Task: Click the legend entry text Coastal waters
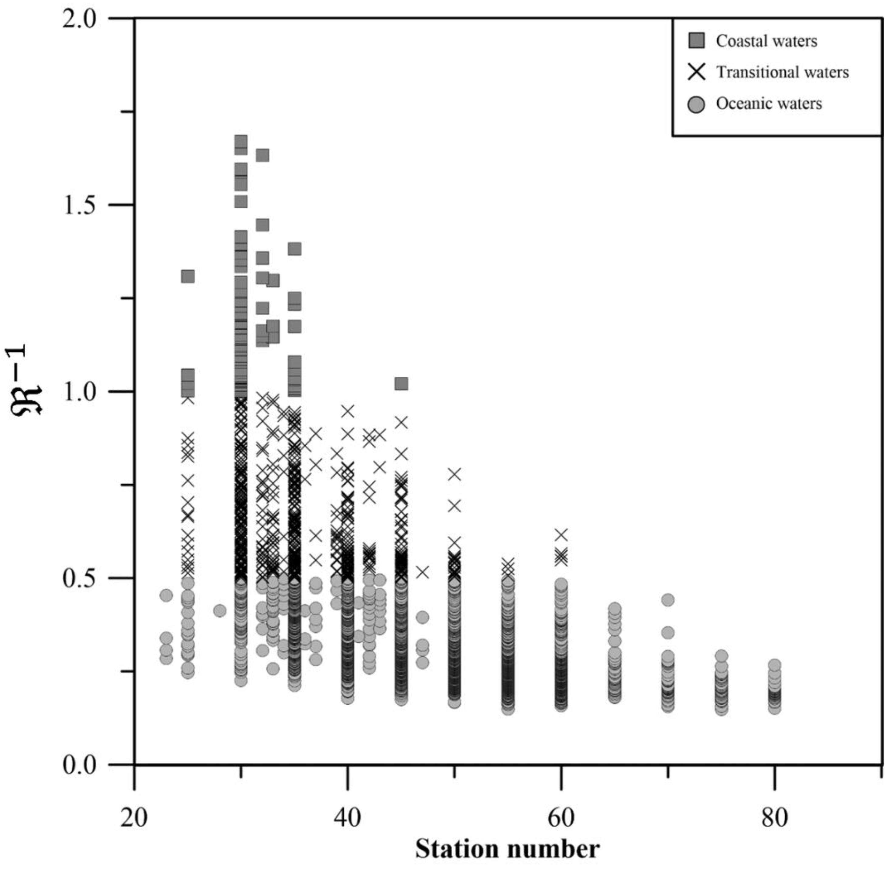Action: pyautogui.click(x=766, y=41)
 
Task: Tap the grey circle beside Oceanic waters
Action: pyautogui.click(x=697, y=104)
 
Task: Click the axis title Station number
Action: pyautogui.click(x=507, y=849)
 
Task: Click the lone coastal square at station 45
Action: pyautogui.click(x=401, y=383)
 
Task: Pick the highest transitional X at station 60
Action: pyautogui.click(x=561, y=535)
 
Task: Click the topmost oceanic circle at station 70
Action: pyautogui.click(x=668, y=600)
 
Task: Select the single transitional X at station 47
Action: pyautogui.click(x=422, y=572)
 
